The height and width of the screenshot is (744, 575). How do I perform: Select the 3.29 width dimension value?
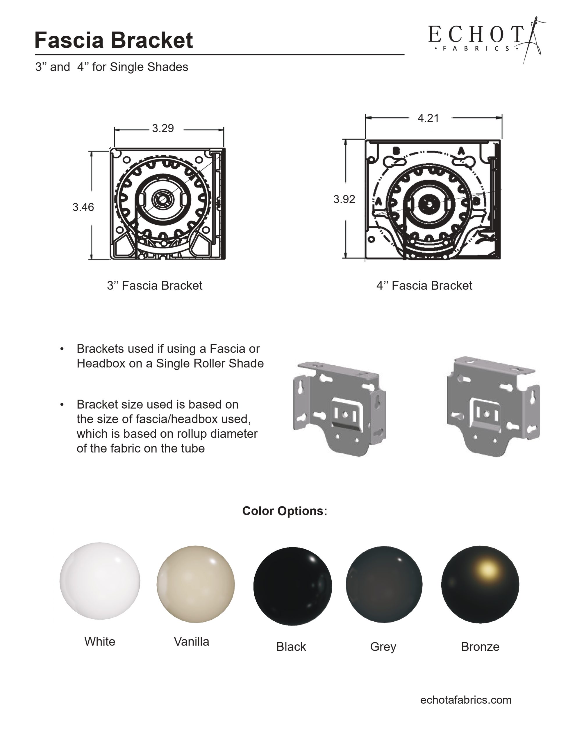162,128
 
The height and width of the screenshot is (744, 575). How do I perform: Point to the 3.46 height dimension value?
83,207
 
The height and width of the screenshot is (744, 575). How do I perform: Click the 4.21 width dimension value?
428,118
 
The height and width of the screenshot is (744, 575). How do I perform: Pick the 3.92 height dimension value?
344,199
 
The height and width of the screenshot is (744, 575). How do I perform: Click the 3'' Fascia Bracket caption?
154,285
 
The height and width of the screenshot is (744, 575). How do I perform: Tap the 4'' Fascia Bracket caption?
424,285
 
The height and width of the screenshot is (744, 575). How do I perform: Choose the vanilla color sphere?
196,584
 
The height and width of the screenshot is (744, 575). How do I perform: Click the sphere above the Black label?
292,586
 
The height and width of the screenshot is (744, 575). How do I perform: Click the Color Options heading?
285,511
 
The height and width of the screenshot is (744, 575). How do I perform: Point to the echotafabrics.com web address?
466,700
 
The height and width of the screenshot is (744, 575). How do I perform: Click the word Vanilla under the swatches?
191,641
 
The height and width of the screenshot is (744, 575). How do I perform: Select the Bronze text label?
480,647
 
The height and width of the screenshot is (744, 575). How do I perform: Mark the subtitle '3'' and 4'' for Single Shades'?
111,67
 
